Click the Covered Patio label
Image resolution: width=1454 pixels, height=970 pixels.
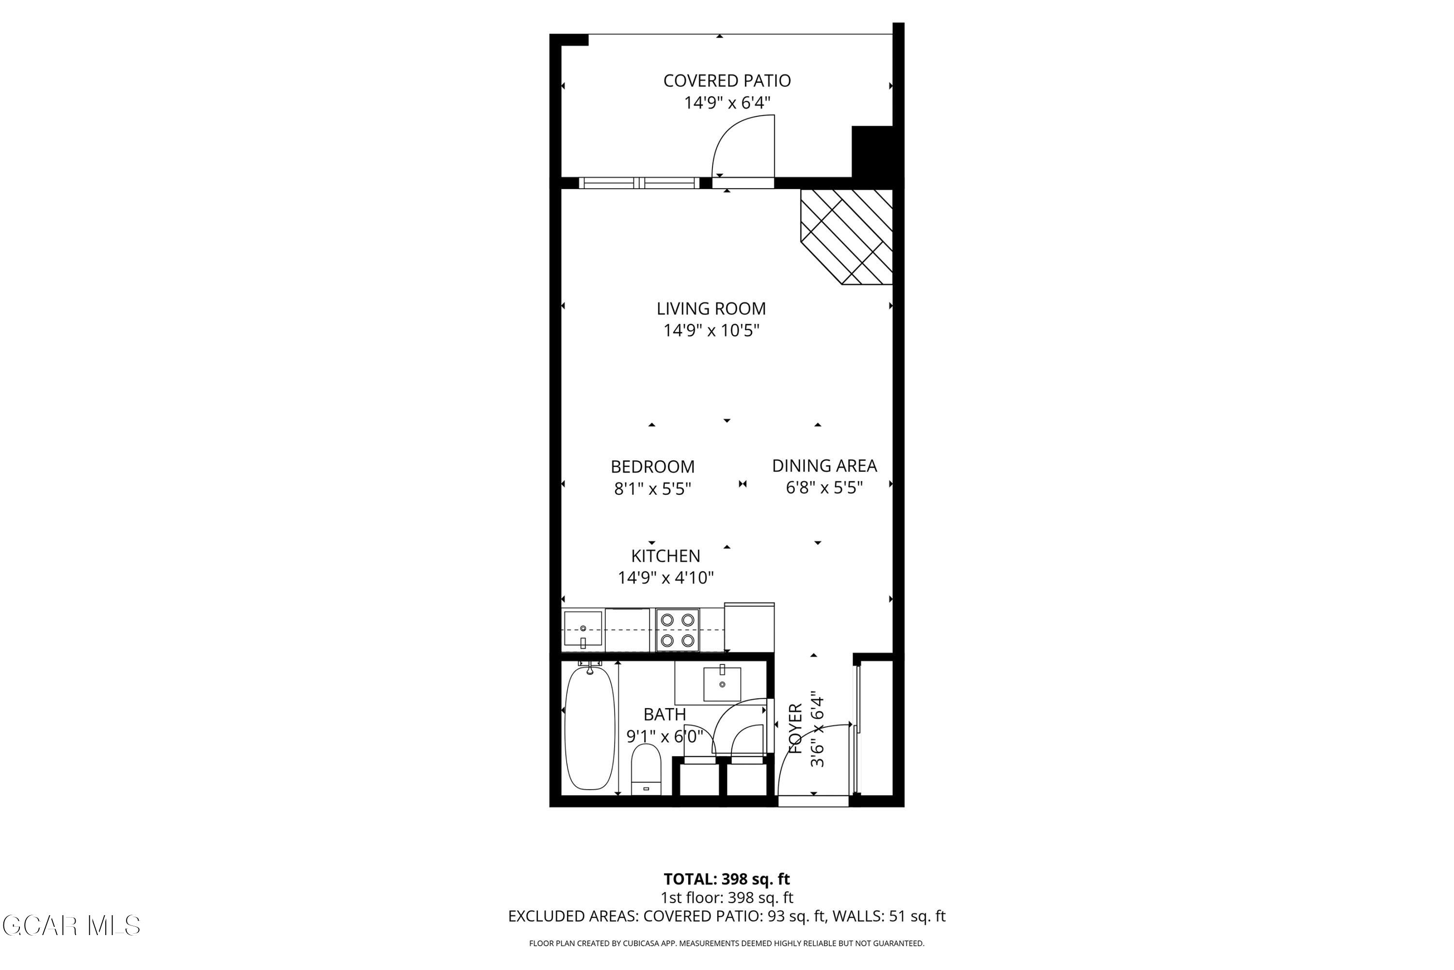(x=727, y=81)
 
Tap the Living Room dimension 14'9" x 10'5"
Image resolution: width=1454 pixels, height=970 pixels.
(x=711, y=331)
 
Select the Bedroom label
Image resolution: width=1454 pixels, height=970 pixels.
(x=652, y=467)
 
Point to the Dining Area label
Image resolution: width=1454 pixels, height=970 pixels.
(x=824, y=466)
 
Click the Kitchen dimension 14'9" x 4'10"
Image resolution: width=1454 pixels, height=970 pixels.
(x=666, y=578)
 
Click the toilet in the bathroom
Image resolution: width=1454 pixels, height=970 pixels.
(x=646, y=770)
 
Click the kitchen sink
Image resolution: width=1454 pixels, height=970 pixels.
(x=583, y=630)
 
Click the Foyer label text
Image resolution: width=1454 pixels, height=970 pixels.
(x=796, y=729)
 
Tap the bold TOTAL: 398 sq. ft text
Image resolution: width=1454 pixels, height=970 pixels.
(x=727, y=879)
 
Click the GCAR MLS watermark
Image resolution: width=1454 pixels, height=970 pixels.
(x=71, y=926)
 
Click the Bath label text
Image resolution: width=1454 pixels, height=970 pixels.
(x=664, y=714)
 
